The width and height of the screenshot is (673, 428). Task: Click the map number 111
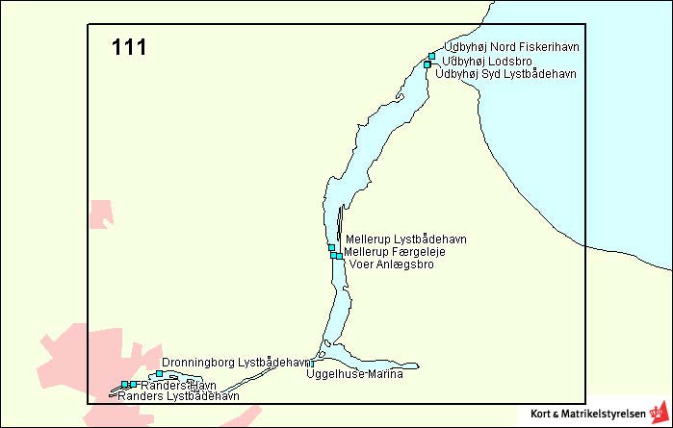click(x=129, y=47)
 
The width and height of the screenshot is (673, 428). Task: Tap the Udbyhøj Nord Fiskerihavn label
click(x=510, y=47)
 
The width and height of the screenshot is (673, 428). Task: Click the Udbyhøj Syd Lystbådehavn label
click(x=505, y=73)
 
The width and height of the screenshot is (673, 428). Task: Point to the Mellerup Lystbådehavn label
click(x=405, y=239)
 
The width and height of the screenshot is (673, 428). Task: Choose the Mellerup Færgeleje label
click(x=394, y=251)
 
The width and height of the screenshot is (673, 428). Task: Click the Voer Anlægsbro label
click(x=391, y=264)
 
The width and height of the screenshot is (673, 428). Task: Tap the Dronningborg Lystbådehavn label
click(x=238, y=363)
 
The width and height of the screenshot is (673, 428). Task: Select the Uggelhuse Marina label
click(x=353, y=374)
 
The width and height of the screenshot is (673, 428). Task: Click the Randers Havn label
click(x=171, y=385)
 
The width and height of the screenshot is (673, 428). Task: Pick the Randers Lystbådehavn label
click(x=178, y=395)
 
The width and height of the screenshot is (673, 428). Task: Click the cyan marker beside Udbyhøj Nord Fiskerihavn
click(x=431, y=56)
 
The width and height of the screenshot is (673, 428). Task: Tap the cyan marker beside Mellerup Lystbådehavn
click(x=331, y=247)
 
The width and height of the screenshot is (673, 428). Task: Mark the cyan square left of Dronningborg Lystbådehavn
click(x=159, y=373)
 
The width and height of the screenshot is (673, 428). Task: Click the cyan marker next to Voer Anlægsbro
click(x=339, y=256)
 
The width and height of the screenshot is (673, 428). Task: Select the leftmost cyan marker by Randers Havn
click(x=124, y=384)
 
